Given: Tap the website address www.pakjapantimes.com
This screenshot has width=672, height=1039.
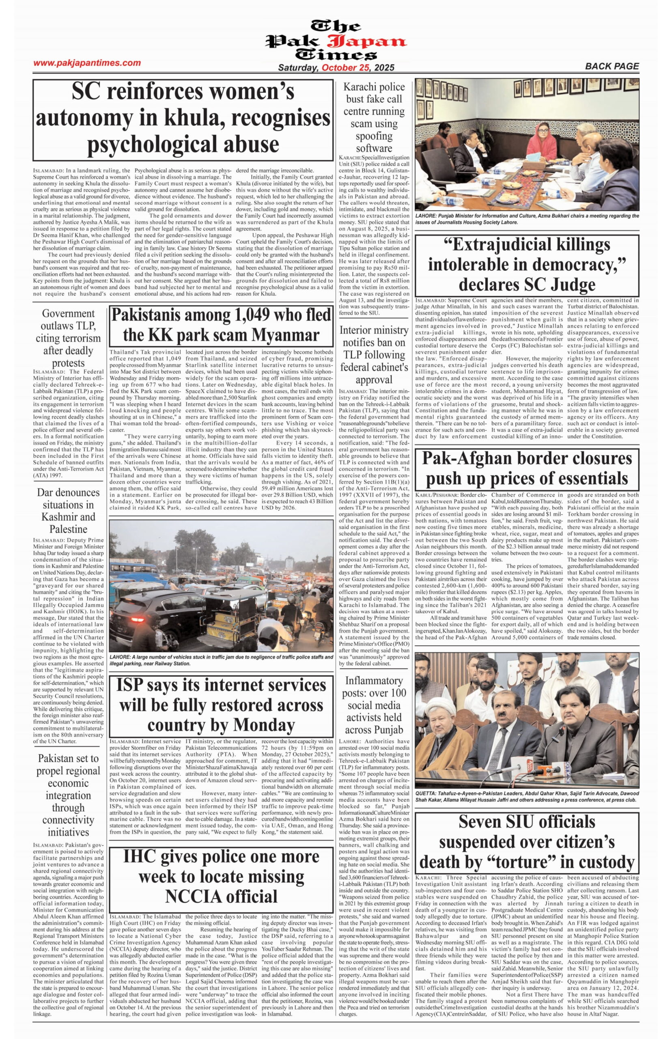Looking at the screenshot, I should (87, 63).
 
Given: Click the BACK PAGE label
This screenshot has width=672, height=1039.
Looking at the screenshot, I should (612, 66).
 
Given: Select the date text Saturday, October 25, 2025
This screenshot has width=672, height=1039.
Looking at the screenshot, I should (336, 68).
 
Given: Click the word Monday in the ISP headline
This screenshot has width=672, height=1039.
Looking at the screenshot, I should (265, 724).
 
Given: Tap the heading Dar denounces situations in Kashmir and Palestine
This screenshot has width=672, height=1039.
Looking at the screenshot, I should (69, 511).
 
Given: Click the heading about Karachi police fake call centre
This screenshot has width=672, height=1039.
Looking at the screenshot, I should (373, 117).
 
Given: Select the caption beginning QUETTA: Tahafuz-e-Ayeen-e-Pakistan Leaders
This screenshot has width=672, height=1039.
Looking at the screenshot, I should (527, 796).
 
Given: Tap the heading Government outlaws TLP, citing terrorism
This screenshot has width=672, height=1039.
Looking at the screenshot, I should (69, 338).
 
